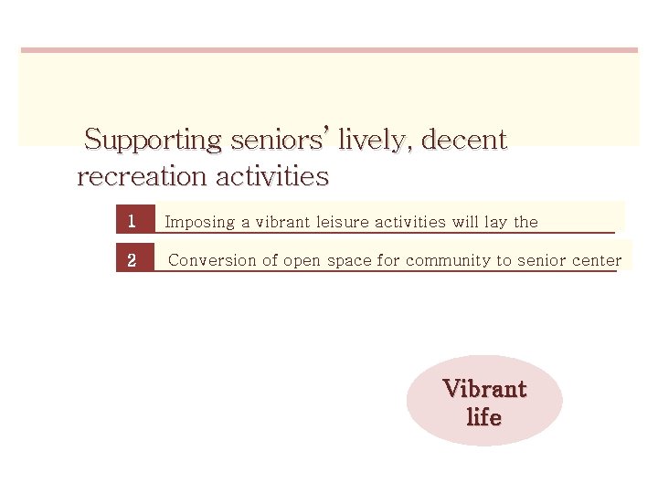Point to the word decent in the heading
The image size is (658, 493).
click(464, 141)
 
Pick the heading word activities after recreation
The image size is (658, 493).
click(271, 175)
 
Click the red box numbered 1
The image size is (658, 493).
click(133, 221)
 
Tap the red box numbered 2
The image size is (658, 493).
click(133, 260)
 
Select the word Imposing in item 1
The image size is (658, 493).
click(198, 222)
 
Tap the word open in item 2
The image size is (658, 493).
click(302, 261)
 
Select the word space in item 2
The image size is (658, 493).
click(349, 261)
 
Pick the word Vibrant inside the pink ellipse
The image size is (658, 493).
click(484, 389)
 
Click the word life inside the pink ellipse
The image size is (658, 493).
click(484, 417)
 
